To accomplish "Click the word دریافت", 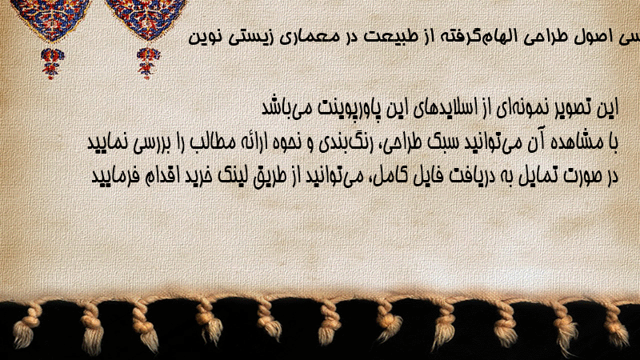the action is tap(438, 176).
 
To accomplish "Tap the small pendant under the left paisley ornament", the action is tap(52, 62).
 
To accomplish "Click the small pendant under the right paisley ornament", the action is tap(148, 62).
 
